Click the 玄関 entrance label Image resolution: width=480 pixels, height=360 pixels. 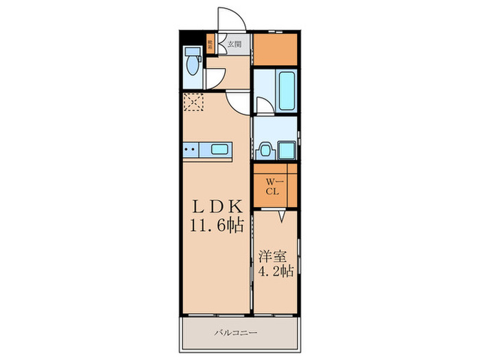(x=234, y=44)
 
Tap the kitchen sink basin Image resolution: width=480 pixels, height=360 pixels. (x=220, y=149)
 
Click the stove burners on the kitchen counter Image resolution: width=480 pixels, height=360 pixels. (x=191, y=149)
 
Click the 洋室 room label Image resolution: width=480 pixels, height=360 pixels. (x=270, y=258)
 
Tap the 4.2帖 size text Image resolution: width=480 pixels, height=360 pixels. (x=276, y=272)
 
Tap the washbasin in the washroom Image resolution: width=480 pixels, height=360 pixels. (x=264, y=149)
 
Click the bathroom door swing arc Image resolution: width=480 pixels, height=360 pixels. (x=263, y=104)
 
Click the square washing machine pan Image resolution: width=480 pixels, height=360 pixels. (x=285, y=149)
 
